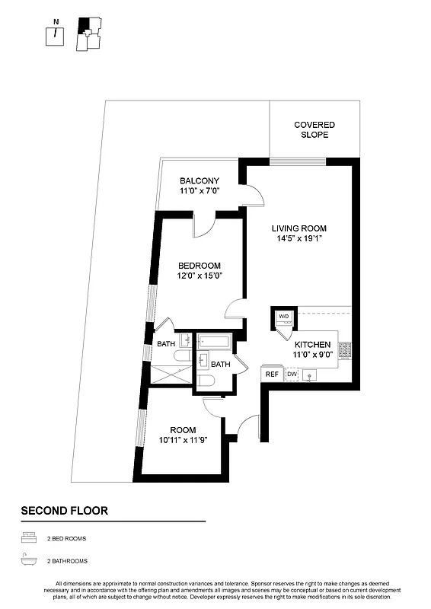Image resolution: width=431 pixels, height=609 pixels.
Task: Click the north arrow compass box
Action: coord(55,36)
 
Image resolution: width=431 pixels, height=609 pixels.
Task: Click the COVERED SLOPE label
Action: coord(314,129)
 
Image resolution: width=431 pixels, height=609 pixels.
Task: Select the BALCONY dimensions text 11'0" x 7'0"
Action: coord(200,191)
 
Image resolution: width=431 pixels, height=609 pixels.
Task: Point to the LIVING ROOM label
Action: coord(299,228)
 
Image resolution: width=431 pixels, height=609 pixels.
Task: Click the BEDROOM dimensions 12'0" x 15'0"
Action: coord(200,276)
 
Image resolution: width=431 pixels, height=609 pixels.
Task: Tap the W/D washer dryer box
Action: coord(284,317)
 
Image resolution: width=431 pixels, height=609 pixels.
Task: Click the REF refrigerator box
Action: coord(271,374)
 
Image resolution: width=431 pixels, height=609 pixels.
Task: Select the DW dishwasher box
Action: coord(292,374)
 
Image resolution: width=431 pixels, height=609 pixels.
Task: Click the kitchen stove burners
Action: coord(345,349)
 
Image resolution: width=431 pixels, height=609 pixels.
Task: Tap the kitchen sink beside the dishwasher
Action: coord(311,375)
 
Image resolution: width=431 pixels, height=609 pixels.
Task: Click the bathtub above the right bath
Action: coord(214,341)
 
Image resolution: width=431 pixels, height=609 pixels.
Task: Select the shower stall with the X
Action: coord(172,374)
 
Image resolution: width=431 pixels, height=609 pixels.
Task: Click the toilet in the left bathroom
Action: coord(183,356)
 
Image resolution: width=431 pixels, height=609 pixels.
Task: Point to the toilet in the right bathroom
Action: coord(205,381)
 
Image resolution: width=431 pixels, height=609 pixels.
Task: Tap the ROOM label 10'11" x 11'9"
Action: coord(183,435)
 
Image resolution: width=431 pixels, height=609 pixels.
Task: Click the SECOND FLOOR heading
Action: coord(64,510)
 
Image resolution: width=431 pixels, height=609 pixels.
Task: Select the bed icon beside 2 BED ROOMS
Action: coord(29,538)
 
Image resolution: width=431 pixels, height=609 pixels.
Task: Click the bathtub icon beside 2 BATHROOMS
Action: coord(29,560)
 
